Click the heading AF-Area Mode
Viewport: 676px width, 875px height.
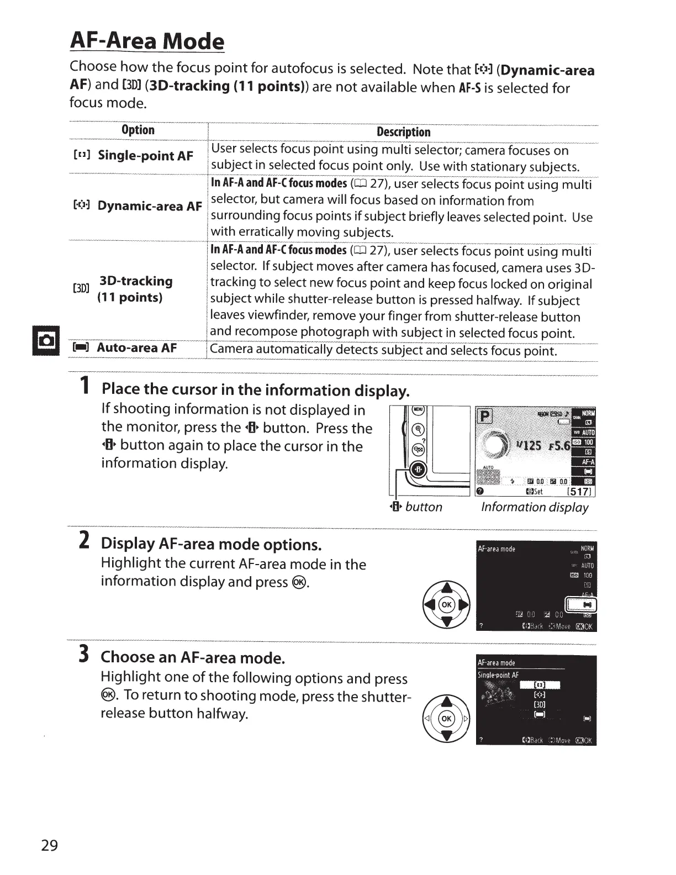click(x=147, y=41)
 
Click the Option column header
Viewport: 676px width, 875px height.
click(x=138, y=130)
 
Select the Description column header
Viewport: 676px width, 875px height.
click(x=403, y=132)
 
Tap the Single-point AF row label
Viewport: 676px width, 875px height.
click(x=145, y=156)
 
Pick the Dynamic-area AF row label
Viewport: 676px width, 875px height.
click(x=149, y=206)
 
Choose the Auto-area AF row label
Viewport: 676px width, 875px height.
click(x=136, y=348)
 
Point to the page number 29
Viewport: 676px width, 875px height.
click(x=49, y=845)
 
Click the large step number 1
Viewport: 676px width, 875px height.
click(x=84, y=386)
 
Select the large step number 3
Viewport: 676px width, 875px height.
click(x=84, y=653)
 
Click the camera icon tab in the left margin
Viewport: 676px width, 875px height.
click(x=46, y=341)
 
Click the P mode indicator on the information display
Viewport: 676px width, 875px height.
click(x=484, y=415)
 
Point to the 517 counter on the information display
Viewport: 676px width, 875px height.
click(x=579, y=492)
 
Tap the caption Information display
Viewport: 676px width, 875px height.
click(x=535, y=507)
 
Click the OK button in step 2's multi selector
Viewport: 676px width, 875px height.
click(x=446, y=604)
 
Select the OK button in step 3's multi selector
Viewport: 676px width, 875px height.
click(x=446, y=719)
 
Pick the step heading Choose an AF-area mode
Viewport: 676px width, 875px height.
click(x=193, y=657)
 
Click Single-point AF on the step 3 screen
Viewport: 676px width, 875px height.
click(x=498, y=675)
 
